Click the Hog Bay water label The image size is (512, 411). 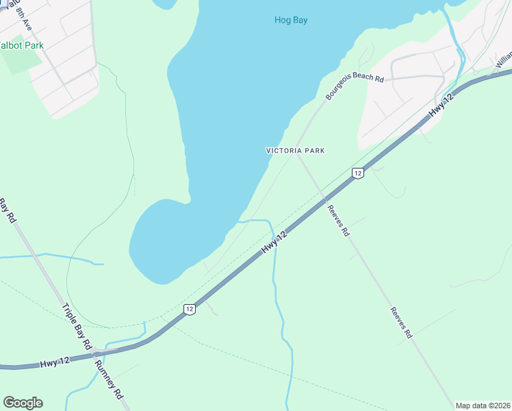pos(291,20)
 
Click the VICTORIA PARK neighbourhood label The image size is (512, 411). pos(295,151)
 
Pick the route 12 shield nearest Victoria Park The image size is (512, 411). pos(357,173)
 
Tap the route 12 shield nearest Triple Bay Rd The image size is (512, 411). pos(190,310)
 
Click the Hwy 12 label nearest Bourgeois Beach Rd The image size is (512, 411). pos(441,108)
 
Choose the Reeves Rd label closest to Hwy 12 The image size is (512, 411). pos(338,221)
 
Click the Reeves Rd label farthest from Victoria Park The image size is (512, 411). pos(400,322)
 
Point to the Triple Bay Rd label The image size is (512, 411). pos(77,328)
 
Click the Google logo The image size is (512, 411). pos(23,403)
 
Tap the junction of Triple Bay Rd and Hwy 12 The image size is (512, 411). pos(97,351)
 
